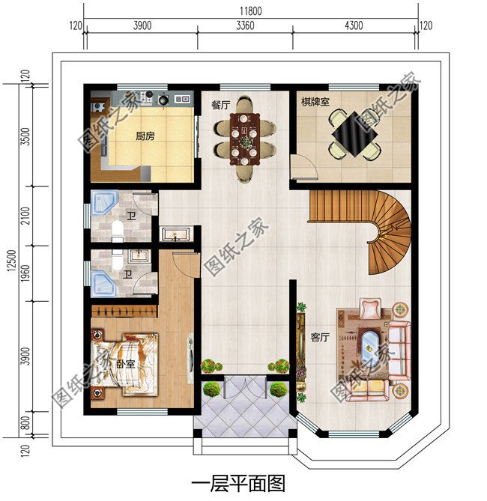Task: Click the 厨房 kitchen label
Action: point(145,137)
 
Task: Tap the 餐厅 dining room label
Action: point(220,106)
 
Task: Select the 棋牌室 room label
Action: point(315,101)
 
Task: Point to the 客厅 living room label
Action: point(320,338)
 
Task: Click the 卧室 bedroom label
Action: point(125,364)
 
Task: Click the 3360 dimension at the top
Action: point(245,25)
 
